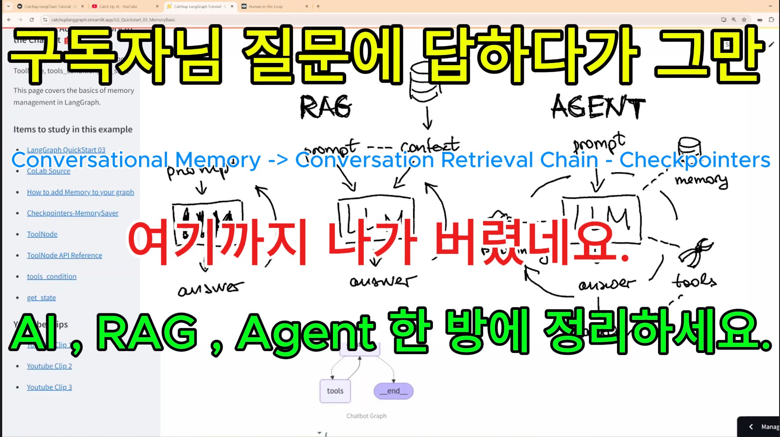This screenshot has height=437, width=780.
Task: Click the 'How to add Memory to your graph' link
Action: (80, 192)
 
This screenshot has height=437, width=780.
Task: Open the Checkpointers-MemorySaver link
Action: (73, 213)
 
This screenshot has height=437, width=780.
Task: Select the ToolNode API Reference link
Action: (64, 256)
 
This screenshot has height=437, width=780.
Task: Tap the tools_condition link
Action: (52, 277)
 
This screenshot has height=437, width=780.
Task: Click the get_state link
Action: (41, 298)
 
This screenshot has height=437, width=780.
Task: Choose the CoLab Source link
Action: (48, 171)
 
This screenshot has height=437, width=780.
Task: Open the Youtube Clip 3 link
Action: (49, 387)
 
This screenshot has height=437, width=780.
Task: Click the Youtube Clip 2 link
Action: (49, 366)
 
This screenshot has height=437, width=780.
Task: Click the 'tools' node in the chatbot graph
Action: (335, 391)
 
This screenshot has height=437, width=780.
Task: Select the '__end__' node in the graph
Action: (393, 391)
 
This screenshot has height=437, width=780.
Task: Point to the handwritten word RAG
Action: (325, 107)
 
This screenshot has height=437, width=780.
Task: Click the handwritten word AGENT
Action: (598, 107)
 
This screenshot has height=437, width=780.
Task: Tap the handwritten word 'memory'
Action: (701, 180)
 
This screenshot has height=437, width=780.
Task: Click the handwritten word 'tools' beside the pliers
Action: (694, 281)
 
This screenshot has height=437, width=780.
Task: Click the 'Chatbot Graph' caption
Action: (366, 416)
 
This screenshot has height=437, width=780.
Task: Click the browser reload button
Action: (32, 20)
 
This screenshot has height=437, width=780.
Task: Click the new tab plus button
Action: (318, 7)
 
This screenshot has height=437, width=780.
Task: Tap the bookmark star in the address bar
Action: (744, 20)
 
